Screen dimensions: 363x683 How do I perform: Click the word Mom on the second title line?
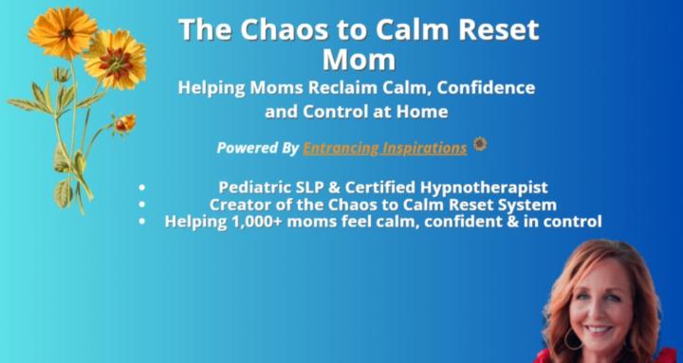click(359, 60)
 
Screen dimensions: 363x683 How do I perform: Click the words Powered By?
click(257, 148)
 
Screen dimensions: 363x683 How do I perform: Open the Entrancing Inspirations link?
click(384, 148)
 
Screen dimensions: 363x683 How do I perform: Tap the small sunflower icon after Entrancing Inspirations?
click(480, 145)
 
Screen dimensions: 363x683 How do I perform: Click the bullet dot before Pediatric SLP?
click(142, 187)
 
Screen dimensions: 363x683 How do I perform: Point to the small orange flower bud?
click(124, 122)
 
